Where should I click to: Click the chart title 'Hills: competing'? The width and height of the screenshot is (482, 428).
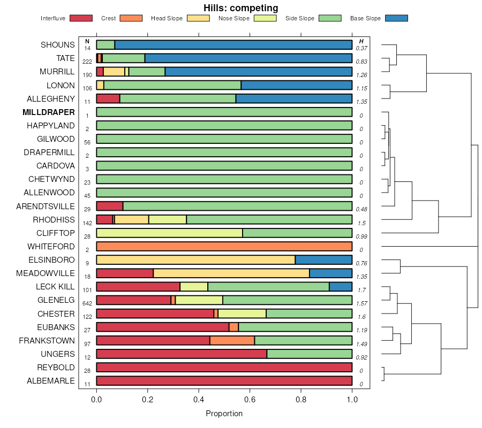pyautogui.click(x=240, y=8)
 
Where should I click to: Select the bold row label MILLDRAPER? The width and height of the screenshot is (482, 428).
pyautogui.click(x=48, y=112)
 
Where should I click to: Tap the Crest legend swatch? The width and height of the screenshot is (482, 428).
pyautogui.click(x=131, y=18)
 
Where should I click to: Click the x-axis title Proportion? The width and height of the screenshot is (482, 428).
pyautogui.click(x=224, y=414)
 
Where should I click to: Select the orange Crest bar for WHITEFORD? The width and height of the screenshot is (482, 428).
pyautogui.click(x=224, y=247)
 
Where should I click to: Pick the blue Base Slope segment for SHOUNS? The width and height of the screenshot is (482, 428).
pyautogui.click(x=233, y=45)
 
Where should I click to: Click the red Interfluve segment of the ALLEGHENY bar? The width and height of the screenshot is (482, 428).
pyautogui.click(x=108, y=98)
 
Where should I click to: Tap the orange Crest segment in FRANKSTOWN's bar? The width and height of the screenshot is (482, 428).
pyautogui.click(x=232, y=340)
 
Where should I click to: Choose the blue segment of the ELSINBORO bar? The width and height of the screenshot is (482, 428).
pyautogui.click(x=323, y=260)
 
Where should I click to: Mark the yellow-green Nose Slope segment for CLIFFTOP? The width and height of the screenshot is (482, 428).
pyautogui.click(x=169, y=233)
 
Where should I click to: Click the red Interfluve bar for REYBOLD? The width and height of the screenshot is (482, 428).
pyautogui.click(x=224, y=367)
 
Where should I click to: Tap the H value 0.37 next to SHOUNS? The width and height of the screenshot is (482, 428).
pyautogui.click(x=361, y=49)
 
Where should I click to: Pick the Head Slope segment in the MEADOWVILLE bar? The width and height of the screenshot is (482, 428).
pyautogui.click(x=231, y=273)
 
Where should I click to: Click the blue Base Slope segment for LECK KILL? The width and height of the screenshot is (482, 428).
pyautogui.click(x=340, y=287)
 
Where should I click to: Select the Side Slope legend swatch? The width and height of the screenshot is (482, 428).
pyautogui.click(x=330, y=18)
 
